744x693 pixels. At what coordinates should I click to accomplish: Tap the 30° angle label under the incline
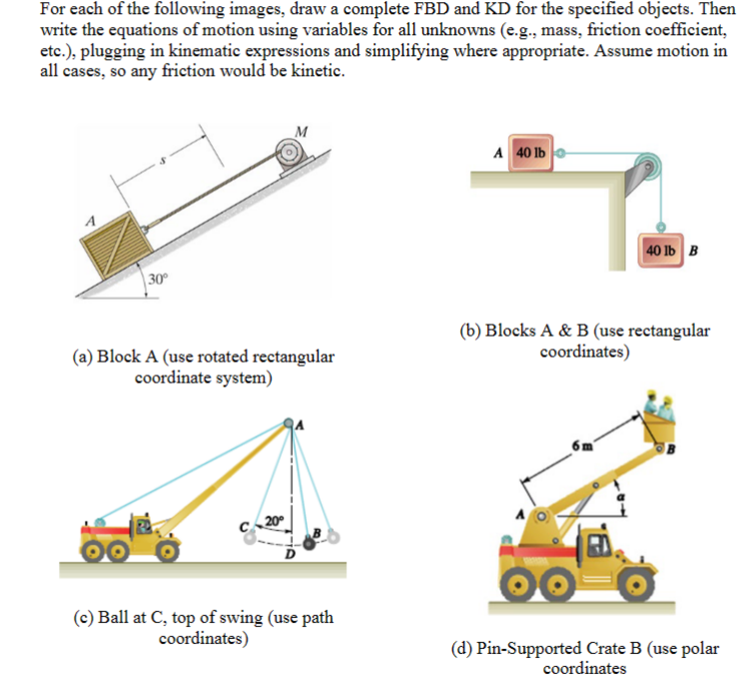(156, 278)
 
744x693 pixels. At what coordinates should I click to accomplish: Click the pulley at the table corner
(648, 167)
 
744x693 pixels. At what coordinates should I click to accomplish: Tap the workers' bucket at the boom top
(661, 431)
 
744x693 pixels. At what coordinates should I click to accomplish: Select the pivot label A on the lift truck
(521, 514)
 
